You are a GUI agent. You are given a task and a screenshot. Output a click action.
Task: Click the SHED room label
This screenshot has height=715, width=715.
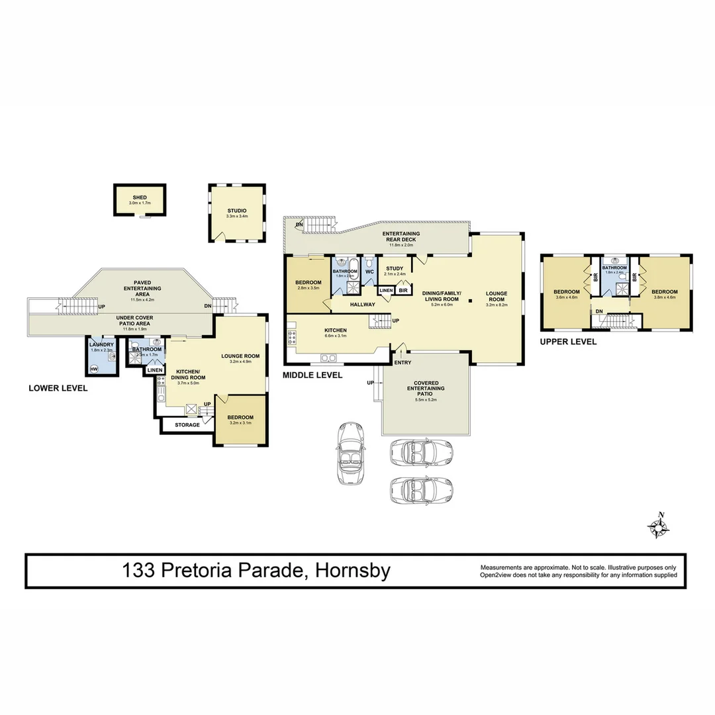coord(140,197)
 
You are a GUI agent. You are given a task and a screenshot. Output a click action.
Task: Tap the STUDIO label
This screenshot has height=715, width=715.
coord(236,211)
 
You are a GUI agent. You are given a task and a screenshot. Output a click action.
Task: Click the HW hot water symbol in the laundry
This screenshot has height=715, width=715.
coord(94,368)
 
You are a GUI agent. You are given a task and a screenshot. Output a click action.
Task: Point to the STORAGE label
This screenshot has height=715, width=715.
coord(187,424)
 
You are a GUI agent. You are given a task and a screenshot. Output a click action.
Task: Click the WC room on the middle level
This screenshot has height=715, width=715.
coord(369,272)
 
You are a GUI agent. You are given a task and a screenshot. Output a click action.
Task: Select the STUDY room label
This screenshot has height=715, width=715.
coord(395,268)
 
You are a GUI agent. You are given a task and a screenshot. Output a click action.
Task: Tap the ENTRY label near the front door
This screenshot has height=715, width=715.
coord(402,362)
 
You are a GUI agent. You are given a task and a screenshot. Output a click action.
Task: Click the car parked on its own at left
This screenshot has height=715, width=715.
coord(350,453)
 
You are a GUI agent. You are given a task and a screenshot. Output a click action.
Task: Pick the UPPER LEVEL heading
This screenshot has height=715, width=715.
coord(568,342)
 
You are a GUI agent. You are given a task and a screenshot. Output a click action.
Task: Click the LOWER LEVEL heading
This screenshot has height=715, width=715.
coord(58,388)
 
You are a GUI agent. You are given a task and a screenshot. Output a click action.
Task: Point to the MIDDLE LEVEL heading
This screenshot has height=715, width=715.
coord(312,375)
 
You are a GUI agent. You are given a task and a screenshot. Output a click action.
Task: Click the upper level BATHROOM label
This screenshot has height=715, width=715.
coord(614,267)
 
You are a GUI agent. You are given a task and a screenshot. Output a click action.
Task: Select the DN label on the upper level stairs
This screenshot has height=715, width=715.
coord(598,310)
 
